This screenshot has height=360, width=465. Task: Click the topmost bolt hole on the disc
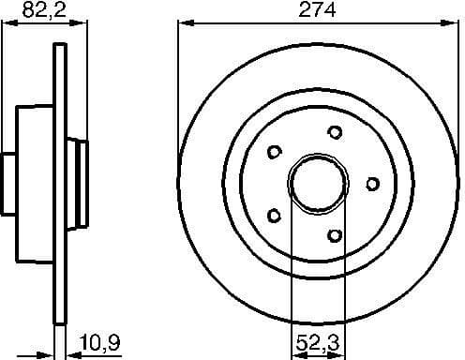pyautogui.click(x=333, y=132)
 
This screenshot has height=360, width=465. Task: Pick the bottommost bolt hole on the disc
pyautogui.click(x=335, y=234)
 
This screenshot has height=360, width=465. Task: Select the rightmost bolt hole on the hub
pyautogui.click(x=372, y=183)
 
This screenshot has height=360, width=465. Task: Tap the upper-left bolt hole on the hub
pyautogui.click(x=275, y=151)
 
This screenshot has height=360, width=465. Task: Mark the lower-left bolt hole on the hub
pyautogui.click(x=276, y=215)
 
